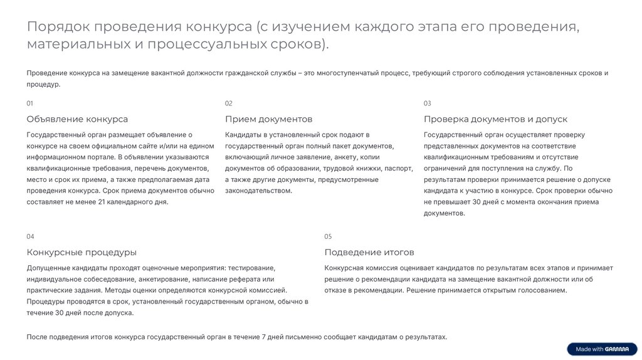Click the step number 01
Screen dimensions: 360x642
click(30, 103)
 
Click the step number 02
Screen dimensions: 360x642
click(229, 103)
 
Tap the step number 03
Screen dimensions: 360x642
click(428, 103)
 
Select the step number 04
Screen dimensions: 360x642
click(30, 236)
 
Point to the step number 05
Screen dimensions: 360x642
click(328, 236)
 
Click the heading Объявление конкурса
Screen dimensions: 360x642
click(77, 119)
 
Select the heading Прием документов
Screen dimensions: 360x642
click(268, 119)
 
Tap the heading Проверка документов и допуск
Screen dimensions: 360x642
click(495, 119)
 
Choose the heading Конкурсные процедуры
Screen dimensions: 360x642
click(82, 252)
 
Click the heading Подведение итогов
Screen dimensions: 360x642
click(369, 252)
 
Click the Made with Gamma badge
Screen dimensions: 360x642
click(602, 349)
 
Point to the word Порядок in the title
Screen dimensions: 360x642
click(60, 27)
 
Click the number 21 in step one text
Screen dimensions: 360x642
click(102, 202)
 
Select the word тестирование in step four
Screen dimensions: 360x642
click(255, 268)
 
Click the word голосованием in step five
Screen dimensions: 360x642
click(544, 290)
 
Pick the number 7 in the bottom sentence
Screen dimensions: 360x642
click(264, 337)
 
